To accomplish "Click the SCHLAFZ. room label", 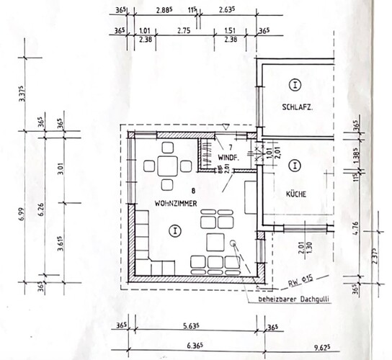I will click(x=297, y=110).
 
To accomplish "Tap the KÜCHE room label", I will click(x=296, y=194).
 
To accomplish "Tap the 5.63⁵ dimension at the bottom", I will click(x=195, y=324).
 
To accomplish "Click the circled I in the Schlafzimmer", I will click(x=295, y=85).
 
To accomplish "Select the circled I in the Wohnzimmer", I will click(x=173, y=230).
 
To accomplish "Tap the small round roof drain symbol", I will click(x=233, y=243).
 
